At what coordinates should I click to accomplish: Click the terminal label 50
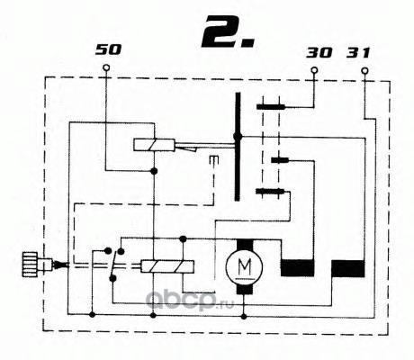(108, 49)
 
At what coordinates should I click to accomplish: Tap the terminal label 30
(319, 53)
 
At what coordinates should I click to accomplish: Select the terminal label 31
(358, 53)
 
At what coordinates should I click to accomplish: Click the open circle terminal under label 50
(106, 67)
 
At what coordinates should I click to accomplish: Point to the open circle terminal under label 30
(314, 71)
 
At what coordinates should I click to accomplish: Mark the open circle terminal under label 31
(364, 71)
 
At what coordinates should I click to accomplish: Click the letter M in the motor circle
(245, 266)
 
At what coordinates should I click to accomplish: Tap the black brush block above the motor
(245, 245)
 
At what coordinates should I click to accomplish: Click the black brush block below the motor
(245, 289)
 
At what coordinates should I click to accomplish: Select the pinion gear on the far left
(30, 265)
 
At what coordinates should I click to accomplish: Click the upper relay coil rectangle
(154, 145)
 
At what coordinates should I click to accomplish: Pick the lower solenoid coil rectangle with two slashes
(167, 266)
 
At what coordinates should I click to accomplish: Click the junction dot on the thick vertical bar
(238, 137)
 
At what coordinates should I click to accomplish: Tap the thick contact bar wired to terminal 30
(271, 107)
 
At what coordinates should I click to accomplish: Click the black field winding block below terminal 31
(348, 268)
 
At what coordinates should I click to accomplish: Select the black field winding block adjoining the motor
(297, 268)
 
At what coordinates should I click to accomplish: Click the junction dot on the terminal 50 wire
(154, 171)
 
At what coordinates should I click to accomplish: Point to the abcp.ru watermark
(190, 301)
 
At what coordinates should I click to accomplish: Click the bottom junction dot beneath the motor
(244, 317)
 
